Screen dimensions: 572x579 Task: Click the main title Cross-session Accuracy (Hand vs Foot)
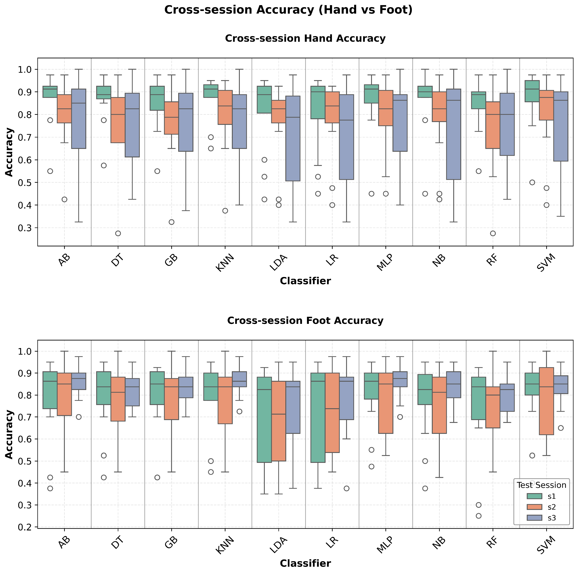coord(288,10)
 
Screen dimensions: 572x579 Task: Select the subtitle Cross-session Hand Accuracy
coord(305,38)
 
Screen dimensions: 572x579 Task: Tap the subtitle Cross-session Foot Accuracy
coord(305,320)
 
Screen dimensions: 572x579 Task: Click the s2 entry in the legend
coord(551,507)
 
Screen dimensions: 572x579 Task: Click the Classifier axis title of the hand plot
coord(305,281)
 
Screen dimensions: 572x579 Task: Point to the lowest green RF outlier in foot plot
coord(479,516)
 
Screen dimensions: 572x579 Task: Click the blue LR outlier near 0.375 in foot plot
coord(346,488)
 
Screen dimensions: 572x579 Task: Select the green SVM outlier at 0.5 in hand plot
coord(532,182)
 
